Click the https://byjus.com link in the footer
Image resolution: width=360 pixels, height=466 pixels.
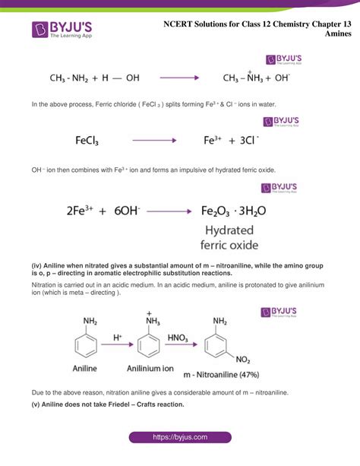pyautogui.click(x=180, y=438)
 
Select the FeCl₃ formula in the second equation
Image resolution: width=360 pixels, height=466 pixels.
pyautogui.click(x=93, y=141)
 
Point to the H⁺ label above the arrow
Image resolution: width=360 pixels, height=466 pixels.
pyautogui.click(x=118, y=335)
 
